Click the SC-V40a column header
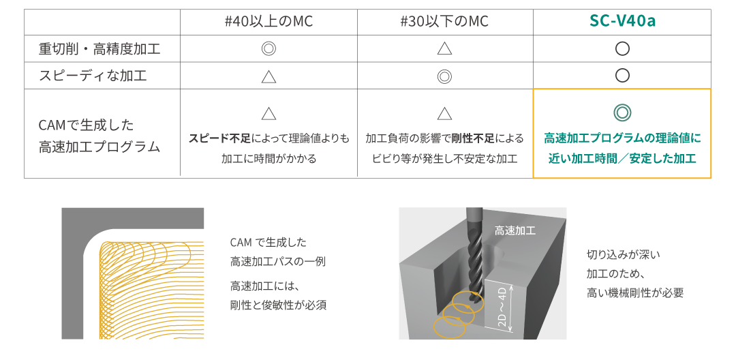[x=622, y=22]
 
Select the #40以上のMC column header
[x=269, y=22]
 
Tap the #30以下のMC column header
[x=444, y=22]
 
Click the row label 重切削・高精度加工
[x=99, y=49]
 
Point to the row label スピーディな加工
[x=93, y=76]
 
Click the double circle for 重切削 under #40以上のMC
[x=269, y=49]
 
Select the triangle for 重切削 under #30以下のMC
[x=444, y=49]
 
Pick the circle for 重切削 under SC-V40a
[x=622, y=49]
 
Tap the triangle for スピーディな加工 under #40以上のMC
[x=269, y=76]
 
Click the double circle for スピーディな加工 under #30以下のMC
[x=444, y=76]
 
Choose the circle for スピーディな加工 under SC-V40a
[x=622, y=76]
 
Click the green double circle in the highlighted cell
[x=622, y=112]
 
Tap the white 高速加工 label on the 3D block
[x=515, y=230]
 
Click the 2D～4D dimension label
[x=502, y=305]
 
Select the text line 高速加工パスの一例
[x=278, y=261]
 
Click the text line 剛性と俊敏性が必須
[x=278, y=305]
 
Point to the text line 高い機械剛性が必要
[x=635, y=293]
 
